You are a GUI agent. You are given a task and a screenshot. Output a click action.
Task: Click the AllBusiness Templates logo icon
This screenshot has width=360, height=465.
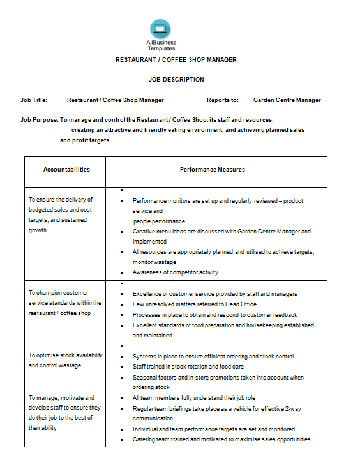161,29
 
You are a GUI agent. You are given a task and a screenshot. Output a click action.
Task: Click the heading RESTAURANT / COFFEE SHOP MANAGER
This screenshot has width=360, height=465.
176,60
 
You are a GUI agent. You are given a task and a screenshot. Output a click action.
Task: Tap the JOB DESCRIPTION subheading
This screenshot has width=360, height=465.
176,80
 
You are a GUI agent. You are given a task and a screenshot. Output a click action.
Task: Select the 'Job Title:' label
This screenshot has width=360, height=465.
34,100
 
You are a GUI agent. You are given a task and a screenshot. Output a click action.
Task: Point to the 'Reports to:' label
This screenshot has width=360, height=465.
223,100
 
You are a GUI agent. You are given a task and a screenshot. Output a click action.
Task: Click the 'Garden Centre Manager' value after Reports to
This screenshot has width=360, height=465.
287,100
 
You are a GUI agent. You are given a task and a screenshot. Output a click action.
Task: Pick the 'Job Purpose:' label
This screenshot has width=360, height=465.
40,120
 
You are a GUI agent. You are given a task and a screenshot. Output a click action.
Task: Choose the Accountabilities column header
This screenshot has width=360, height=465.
66,170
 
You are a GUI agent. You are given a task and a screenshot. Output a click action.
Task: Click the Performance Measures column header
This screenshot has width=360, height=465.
213,170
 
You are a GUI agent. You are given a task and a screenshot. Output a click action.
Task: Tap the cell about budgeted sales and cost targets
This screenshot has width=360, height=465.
61,215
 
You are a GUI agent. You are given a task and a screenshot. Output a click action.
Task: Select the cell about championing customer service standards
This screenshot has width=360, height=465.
64,303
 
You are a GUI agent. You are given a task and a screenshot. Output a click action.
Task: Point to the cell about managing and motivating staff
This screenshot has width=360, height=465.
64,413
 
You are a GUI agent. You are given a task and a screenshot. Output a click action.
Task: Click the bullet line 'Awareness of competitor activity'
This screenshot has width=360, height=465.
175,272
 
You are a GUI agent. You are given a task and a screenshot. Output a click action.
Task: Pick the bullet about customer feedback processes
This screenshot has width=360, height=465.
214,315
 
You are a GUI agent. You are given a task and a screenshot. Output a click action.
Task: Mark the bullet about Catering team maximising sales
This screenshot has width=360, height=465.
221,439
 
